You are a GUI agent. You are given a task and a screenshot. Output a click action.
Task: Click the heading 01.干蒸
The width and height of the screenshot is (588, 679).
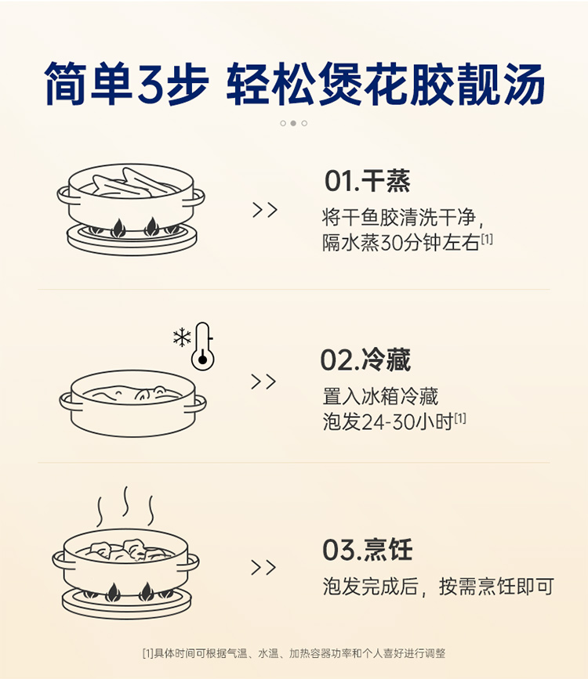[367, 181]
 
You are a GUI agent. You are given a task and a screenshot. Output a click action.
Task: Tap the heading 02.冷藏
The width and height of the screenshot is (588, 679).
[365, 359]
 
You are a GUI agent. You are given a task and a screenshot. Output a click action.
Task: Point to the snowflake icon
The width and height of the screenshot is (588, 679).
[182, 338]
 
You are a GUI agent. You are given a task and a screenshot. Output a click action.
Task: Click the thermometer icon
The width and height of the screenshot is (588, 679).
[203, 346]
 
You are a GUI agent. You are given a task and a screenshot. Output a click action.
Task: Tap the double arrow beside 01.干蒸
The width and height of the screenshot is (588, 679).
[265, 210]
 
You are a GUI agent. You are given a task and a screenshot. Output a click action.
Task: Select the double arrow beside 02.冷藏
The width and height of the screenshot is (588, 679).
[264, 381]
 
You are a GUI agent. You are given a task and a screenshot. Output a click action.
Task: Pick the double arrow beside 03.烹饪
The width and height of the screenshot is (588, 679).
[264, 568]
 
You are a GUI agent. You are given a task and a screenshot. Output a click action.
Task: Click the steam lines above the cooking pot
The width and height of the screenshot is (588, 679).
[125, 507]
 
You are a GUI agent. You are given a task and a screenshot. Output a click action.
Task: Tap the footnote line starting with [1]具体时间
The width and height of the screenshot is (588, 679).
[293, 653]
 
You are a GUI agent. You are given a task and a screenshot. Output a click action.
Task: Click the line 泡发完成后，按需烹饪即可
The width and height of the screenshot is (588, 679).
[438, 587]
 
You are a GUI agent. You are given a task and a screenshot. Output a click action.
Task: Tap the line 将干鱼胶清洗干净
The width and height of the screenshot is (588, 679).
[407, 216]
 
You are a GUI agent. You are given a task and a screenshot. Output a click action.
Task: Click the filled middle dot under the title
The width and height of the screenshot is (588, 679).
[293, 123]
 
